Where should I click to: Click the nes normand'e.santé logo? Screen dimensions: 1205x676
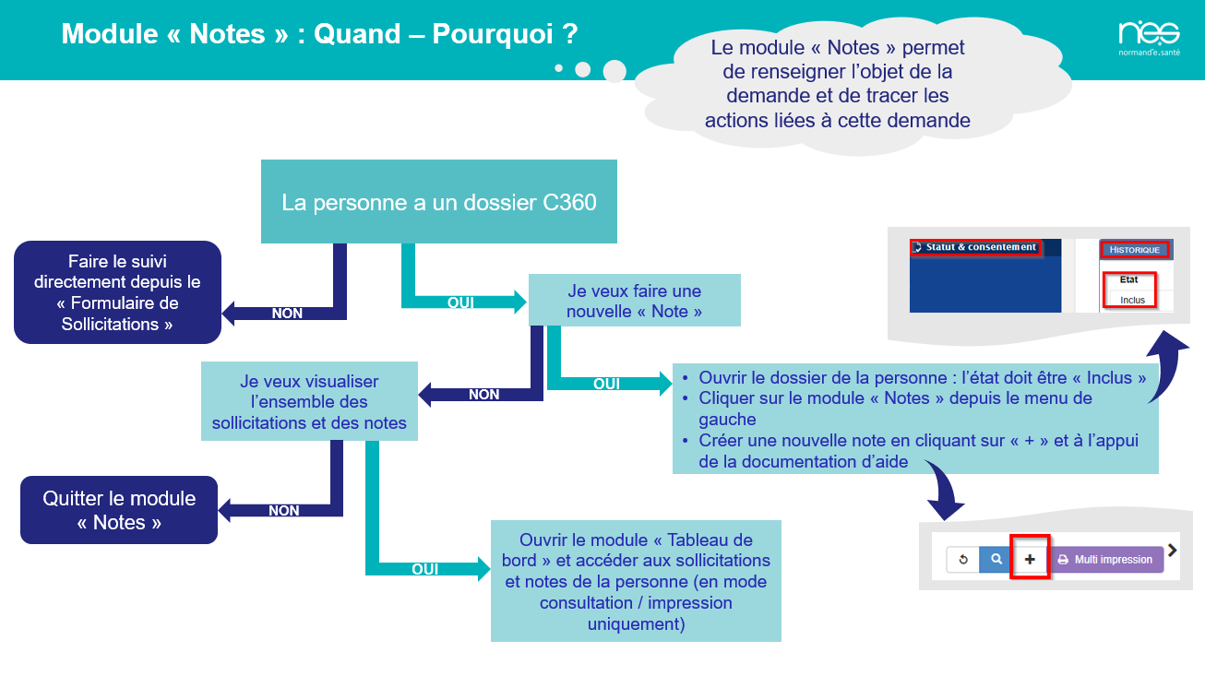pos(1149,38)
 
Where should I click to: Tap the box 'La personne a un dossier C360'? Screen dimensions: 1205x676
pos(439,202)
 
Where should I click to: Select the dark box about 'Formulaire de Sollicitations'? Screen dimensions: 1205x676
pos(117,292)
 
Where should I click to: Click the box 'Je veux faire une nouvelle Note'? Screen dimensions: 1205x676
pos(634,300)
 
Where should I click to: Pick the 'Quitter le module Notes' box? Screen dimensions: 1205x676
pos(119,510)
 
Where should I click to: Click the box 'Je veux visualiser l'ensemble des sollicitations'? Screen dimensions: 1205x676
pos(309,401)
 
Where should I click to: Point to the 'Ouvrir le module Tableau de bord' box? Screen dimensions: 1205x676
pos(636,581)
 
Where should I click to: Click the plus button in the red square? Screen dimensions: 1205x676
pos(1030,559)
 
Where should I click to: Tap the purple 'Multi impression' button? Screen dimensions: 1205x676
pos(1106,559)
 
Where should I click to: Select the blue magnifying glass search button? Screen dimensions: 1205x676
pos(996,559)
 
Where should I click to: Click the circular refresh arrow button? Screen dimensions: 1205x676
pos(963,559)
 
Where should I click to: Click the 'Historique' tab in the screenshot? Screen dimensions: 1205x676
pos(1135,250)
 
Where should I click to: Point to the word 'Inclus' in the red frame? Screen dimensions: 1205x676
pos(1132,300)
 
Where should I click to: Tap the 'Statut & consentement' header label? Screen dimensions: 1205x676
pos(980,247)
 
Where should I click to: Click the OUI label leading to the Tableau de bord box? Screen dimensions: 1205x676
pos(425,569)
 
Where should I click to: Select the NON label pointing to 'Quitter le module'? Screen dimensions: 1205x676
pos(284,510)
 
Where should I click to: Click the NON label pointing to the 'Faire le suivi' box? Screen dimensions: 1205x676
pos(287,313)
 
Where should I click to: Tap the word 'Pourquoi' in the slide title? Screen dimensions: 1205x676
pos(492,34)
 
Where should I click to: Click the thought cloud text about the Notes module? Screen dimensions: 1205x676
pos(838,84)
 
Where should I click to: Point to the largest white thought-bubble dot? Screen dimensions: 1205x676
pos(614,71)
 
